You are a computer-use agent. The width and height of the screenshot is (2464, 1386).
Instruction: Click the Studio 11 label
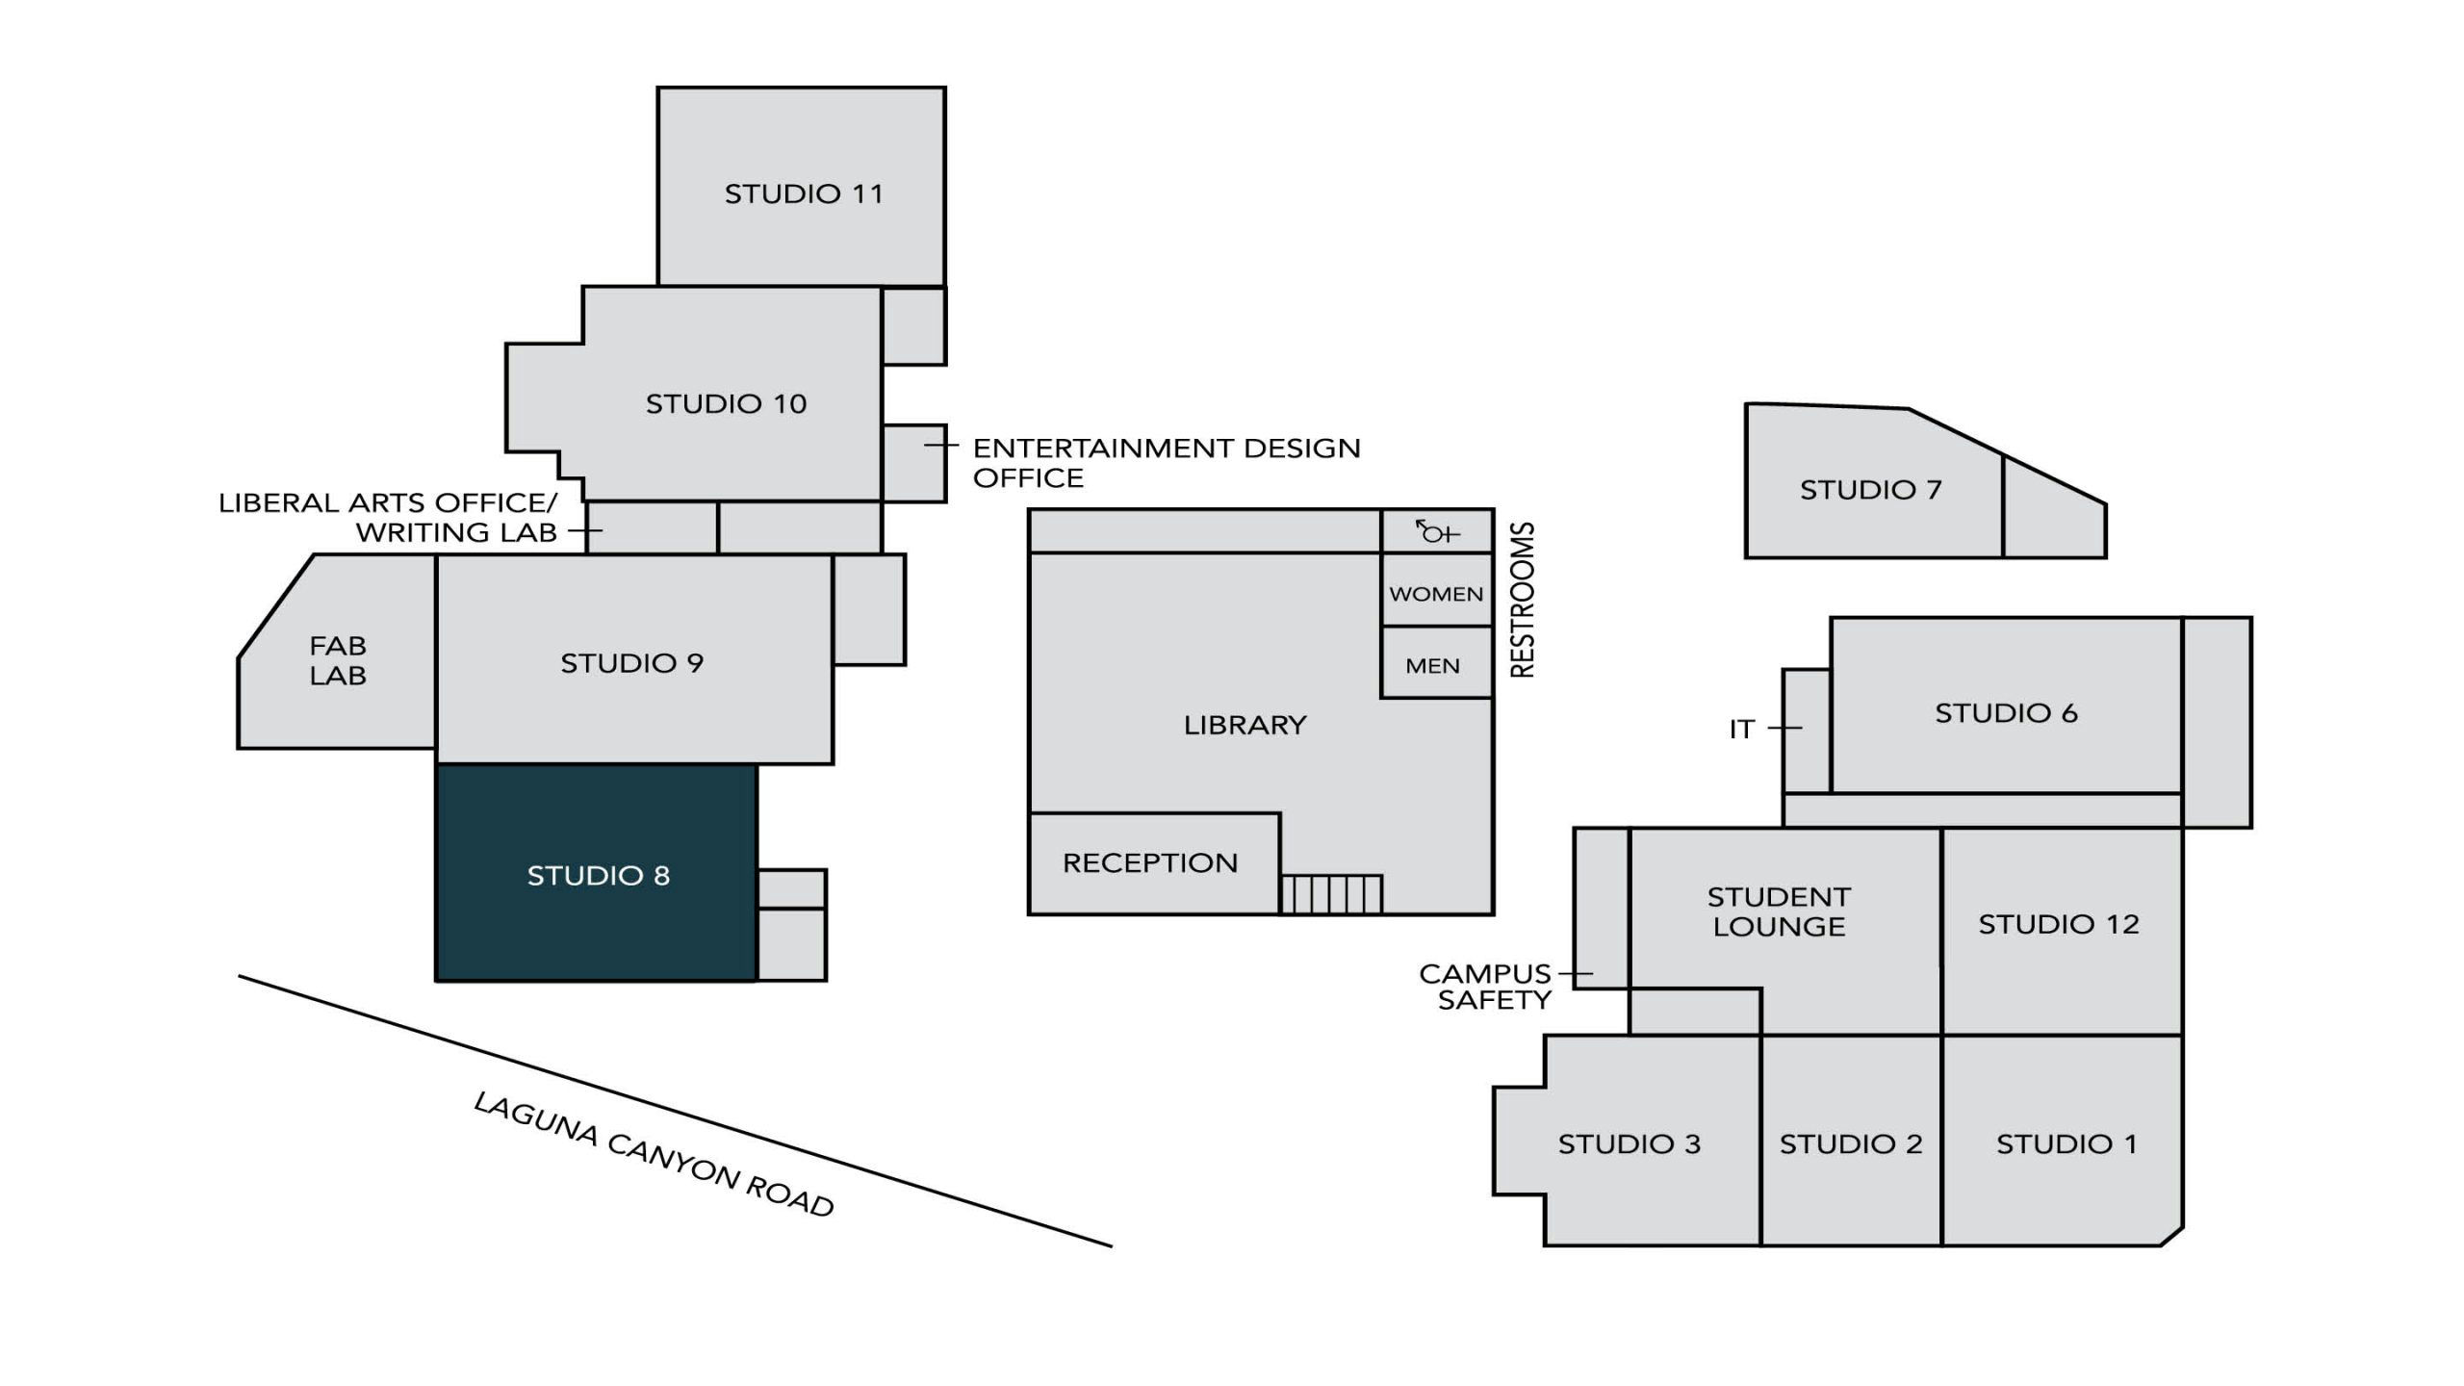pyautogui.click(x=803, y=193)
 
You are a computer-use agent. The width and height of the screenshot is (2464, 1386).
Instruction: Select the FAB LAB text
pyautogui.click(x=337, y=660)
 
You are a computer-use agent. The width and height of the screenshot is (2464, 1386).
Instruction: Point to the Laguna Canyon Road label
pyautogui.click(x=654, y=1154)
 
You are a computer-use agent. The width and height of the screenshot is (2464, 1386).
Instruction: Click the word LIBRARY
pyautogui.click(x=1245, y=725)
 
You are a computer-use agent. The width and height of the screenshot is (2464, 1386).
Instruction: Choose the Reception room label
pyautogui.click(x=1149, y=862)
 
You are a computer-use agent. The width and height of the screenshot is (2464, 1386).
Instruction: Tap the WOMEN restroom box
pyautogui.click(x=1436, y=593)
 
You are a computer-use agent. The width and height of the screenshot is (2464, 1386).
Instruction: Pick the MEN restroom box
pyautogui.click(x=1432, y=665)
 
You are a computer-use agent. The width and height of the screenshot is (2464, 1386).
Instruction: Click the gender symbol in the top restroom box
pyautogui.click(x=1437, y=531)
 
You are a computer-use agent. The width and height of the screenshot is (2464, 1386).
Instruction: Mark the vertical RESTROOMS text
pyautogui.click(x=1523, y=600)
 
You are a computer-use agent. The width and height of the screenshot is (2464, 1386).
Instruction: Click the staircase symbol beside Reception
pyautogui.click(x=1331, y=894)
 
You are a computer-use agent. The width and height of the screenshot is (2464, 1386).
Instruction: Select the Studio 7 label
pyautogui.click(x=1870, y=490)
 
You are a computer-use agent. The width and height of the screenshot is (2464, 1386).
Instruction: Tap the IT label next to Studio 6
pyautogui.click(x=1742, y=730)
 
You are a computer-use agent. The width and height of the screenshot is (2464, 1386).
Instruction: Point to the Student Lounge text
pyautogui.click(x=1779, y=911)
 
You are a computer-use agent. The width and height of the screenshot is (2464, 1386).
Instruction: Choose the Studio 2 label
pyautogui.click(x=1850, y=1143)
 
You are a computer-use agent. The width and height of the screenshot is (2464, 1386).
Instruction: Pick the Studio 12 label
pyautogui.click(x=2058, y=924)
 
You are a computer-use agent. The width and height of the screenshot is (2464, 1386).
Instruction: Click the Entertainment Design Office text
pyautogui.click(x=1166, y=462)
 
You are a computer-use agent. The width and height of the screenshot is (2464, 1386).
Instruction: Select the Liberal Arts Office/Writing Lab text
pyautogui.click(x=388, y=517)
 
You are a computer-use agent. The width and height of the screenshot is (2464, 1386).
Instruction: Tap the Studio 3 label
pyautogui.click(x=1629, y=1143)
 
